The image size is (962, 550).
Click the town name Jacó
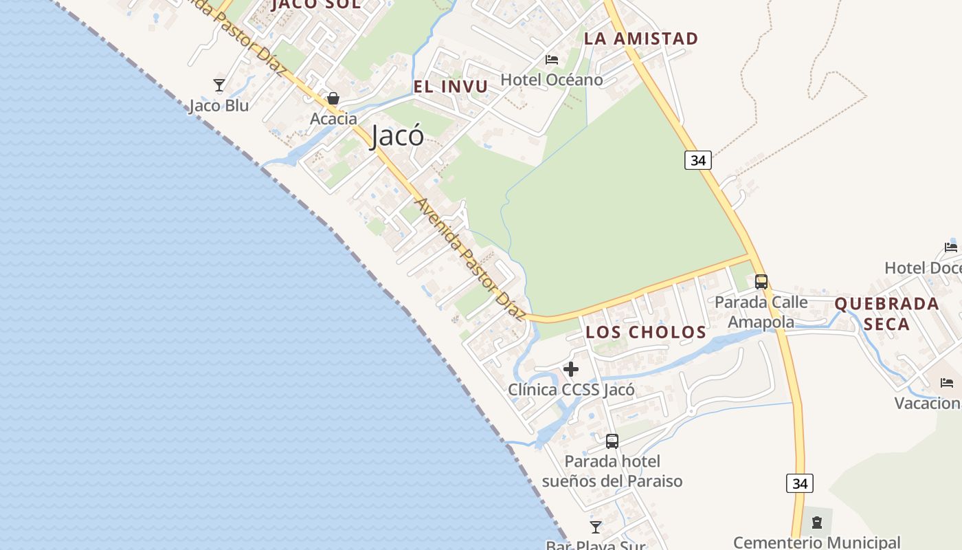click(397, 136)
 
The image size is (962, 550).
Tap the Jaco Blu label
click(219, 106)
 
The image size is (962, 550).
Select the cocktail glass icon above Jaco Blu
click(219, 85)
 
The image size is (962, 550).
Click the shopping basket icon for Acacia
click(333, 99)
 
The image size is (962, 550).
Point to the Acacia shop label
click(333, 119)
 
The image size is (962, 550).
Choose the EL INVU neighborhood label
click(451, 87)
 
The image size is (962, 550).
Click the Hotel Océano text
click(551, 80)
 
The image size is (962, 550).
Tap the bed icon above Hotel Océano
click(551, 60)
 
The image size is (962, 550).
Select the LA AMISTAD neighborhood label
click(640, 38)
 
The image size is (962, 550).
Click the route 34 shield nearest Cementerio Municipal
click(800, 483)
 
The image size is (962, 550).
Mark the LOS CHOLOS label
click(646, 333)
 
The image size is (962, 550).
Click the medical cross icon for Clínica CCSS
click(571, 369)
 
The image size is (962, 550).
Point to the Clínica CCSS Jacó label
click(571, 390)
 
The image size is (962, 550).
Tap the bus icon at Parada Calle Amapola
click(761, 281)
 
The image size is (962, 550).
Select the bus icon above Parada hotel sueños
click(612, 441)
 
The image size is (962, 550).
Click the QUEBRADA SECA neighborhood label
click(886, 313)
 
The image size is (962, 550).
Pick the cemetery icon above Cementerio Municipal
click(817, 523)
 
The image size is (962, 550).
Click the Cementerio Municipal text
click(817, 542)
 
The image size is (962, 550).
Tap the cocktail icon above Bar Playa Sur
click(596, 527)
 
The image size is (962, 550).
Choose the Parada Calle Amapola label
click(761, 312)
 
